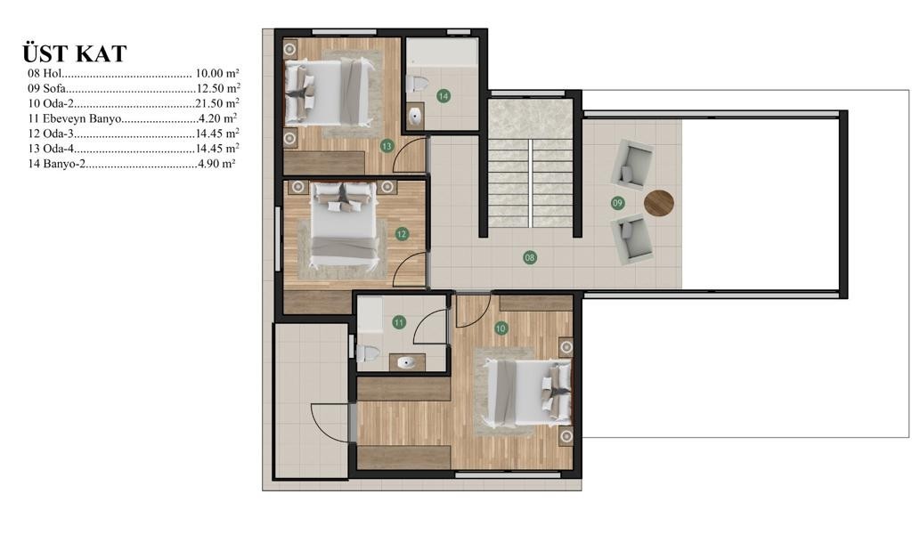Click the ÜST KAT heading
tap(75, 53)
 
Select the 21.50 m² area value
tap(217, 103)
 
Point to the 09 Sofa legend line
tap(134, 88)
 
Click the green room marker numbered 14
tap(444, 96)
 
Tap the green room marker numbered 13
tap(387, 146)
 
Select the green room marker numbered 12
tap(402, 234)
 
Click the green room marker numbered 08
tap(529, 257)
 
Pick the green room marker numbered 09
tap(618, 203)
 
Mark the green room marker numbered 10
tap(501, 328)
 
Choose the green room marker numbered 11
tap(399, 322)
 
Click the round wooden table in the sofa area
tap(659, 203)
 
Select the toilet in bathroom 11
tap(368, 352)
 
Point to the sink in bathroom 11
tap(407, 362)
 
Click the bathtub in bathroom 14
tap(442, 53)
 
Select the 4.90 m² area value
tap(216, 164)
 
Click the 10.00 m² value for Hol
tap(217, 73)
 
